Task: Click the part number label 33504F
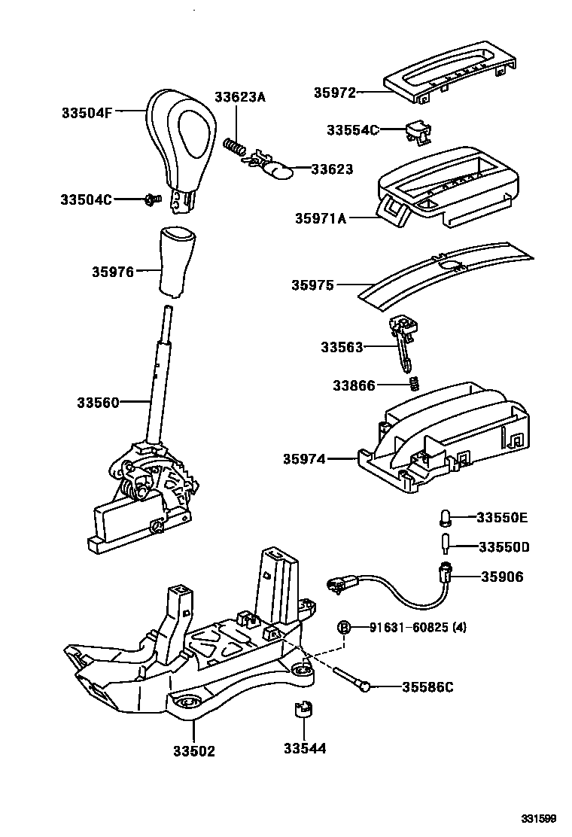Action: [87, 113]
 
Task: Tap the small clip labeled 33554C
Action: [415, 132]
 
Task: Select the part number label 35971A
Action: [321, 218]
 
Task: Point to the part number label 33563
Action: [342, 347]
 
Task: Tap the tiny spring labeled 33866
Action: [412, 385]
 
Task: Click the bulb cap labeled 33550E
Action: [445, 517]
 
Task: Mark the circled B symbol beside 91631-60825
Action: [343, 627]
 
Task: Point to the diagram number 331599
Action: [540, 818]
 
